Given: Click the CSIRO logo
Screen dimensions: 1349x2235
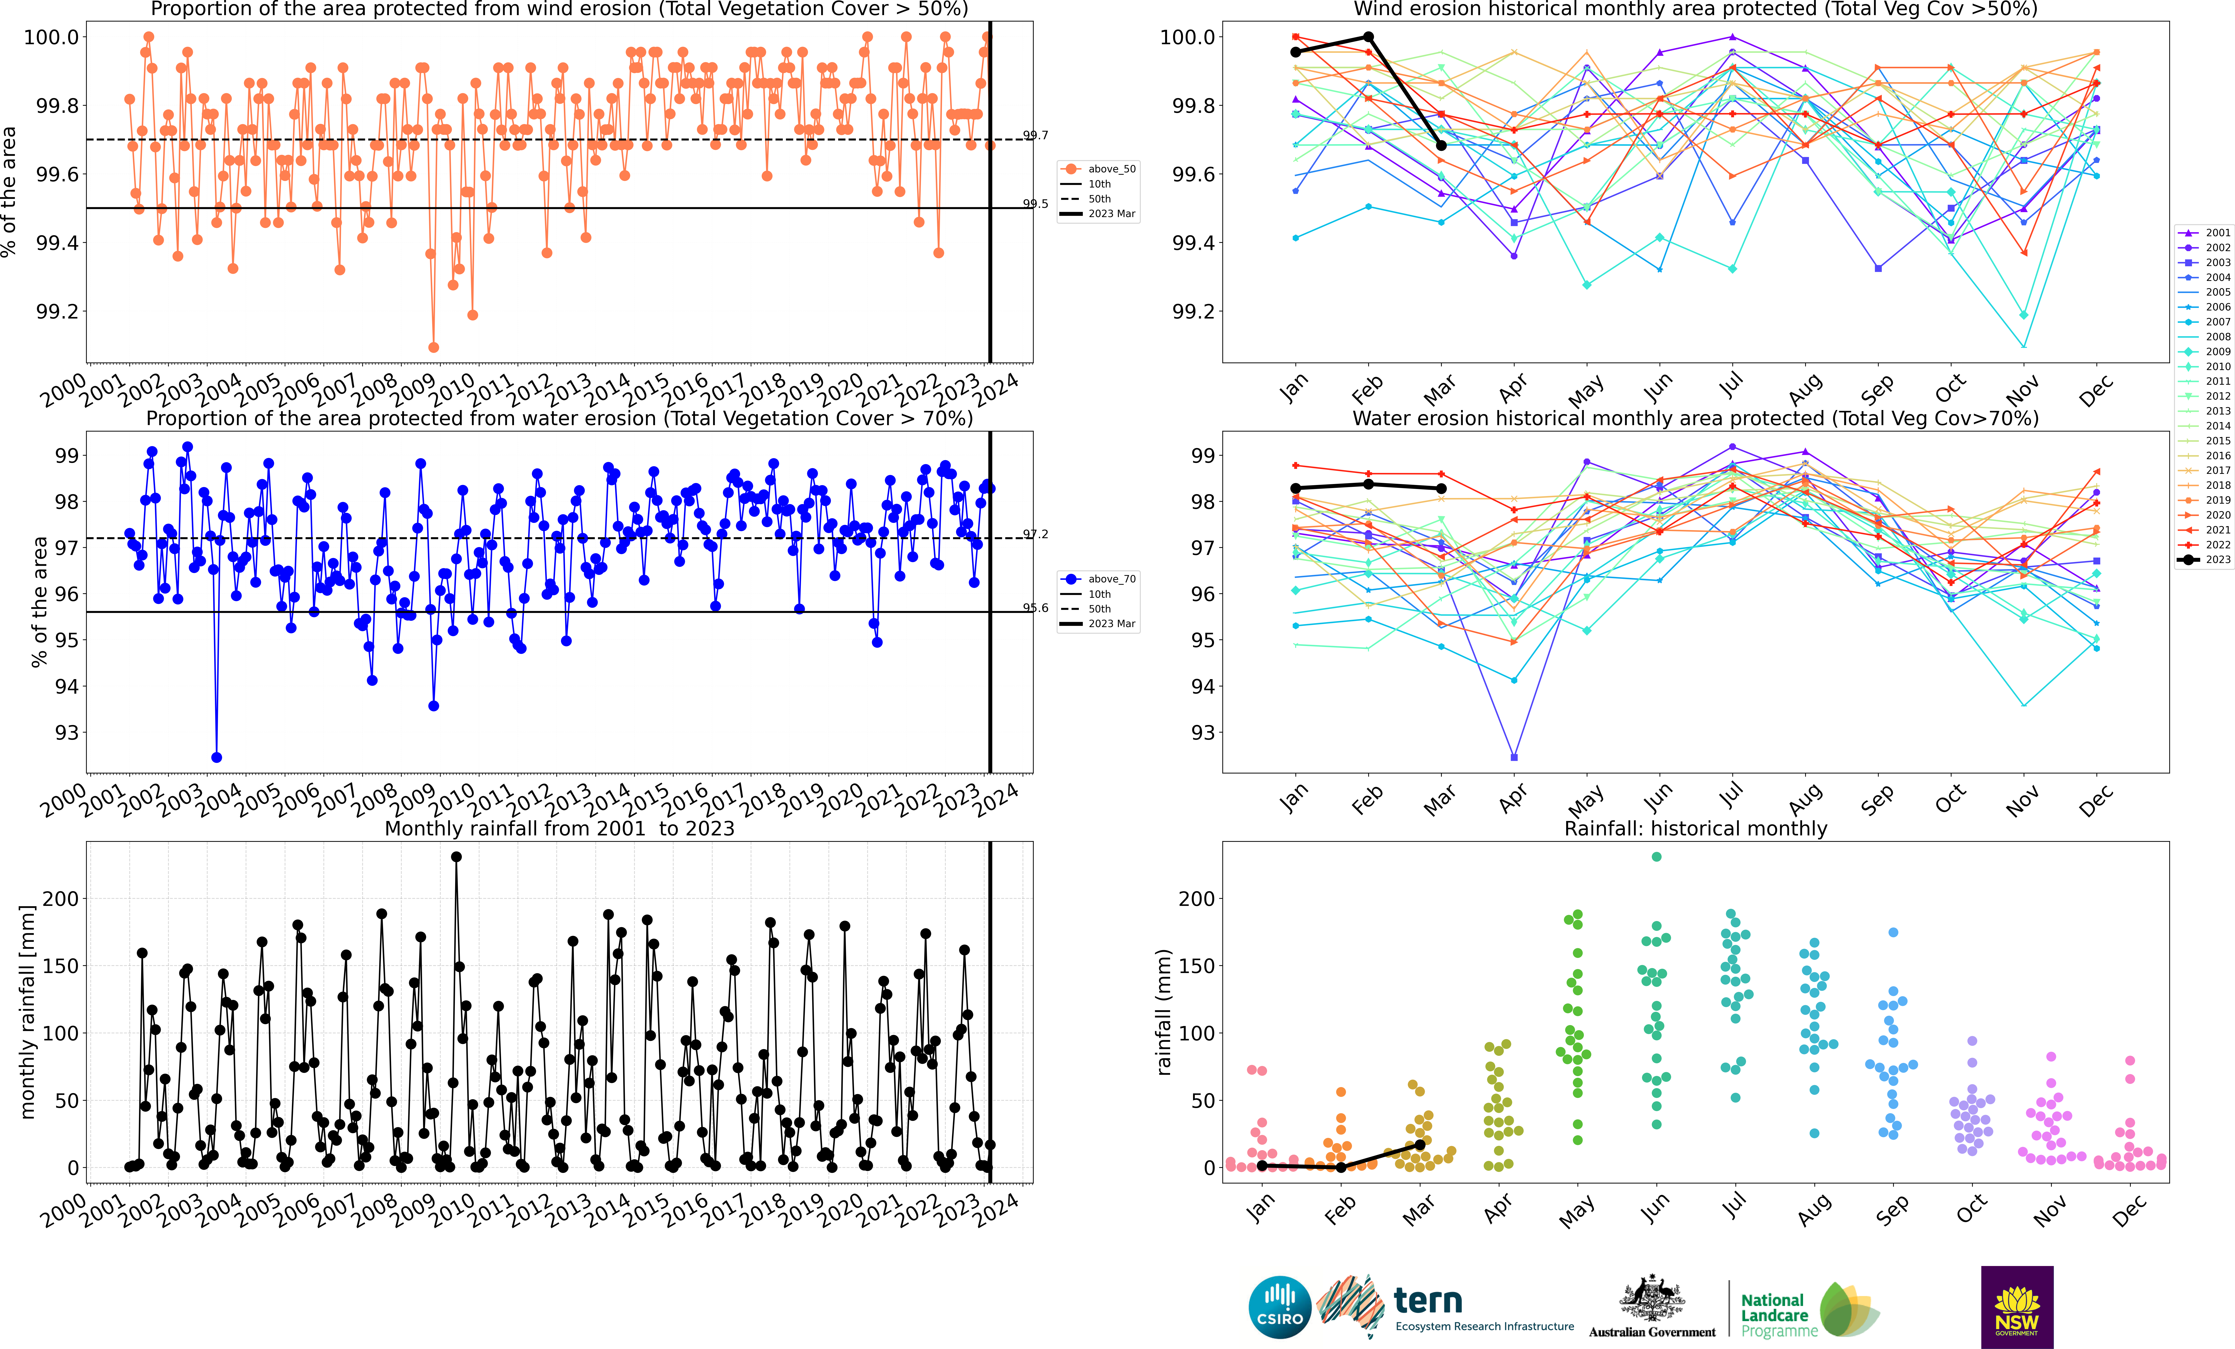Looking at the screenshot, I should pos(1280,1307).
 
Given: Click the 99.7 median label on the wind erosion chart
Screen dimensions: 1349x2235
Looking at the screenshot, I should pos(1036,135).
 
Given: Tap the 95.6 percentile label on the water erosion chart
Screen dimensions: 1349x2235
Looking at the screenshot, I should pos(1036,608).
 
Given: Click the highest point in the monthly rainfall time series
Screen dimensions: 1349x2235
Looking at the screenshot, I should pos(456,856).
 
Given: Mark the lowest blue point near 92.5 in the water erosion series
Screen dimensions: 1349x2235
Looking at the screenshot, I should pos(216,758).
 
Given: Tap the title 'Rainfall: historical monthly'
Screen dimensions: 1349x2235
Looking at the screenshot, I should pos(1695,828).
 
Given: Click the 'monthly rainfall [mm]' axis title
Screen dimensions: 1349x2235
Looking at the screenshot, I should pos(27,1012).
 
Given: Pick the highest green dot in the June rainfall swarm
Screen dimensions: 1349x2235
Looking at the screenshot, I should pos(1656,856).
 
